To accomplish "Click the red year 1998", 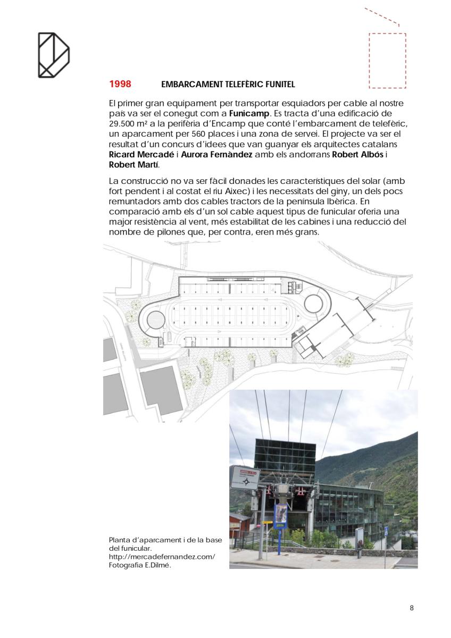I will point(120,84).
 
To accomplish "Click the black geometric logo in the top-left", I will point(53,55).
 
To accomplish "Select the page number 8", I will point(411,608).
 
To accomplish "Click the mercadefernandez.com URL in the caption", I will point(162,556).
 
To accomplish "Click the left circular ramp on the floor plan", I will point(155,321).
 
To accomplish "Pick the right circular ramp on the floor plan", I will point(313,304).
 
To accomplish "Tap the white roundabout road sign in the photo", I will point(244,477).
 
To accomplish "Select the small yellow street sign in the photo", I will point(266,523).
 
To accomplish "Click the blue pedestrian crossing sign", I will point(386,531).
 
